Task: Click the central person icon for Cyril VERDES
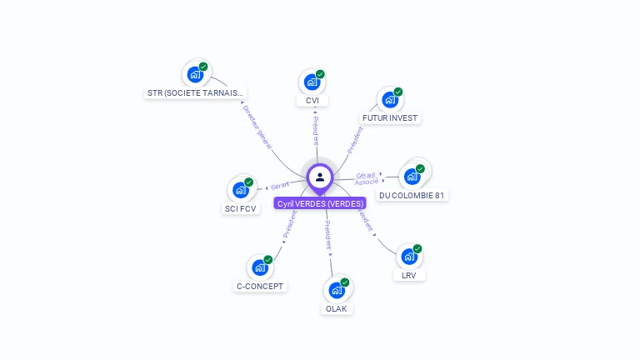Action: pyautogui.click(x=320, y=177)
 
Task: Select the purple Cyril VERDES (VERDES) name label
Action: pyautogui.click(x=320, y=203)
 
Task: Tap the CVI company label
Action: pyautogui.click(x=312, y=101)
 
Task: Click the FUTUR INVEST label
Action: pyautogui.click(x=390, y=117)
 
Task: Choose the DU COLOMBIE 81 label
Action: pyautogui.click(x=412, y=195)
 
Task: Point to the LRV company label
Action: pyautogui.click(x=409, y=275)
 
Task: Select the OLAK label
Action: pyautogui.click(x=337, y=308)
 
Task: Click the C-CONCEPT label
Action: pyautogui.click(x=260, y=286)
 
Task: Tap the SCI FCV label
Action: pyautogui.click(x=241, y=208)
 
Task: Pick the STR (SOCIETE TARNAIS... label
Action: pyautogui.click(x=196, y=93)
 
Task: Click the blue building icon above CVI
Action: pyautogui.click(x=311, y=82)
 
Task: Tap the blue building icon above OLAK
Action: pyautogui.click(x=336, y=290)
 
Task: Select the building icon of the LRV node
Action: pyautogui.click(x=408, y=257)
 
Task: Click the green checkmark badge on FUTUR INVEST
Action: pyautogui.click(x=398, y=92)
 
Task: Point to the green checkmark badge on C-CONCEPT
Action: pyautogui.click(x=268, y=260)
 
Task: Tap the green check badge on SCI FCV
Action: pyautogui.click(x=248, y=182)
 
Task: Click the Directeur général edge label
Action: pyautogui.click(x=257, y=127)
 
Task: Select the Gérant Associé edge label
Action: pyautogui.click(x=367, y=178)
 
